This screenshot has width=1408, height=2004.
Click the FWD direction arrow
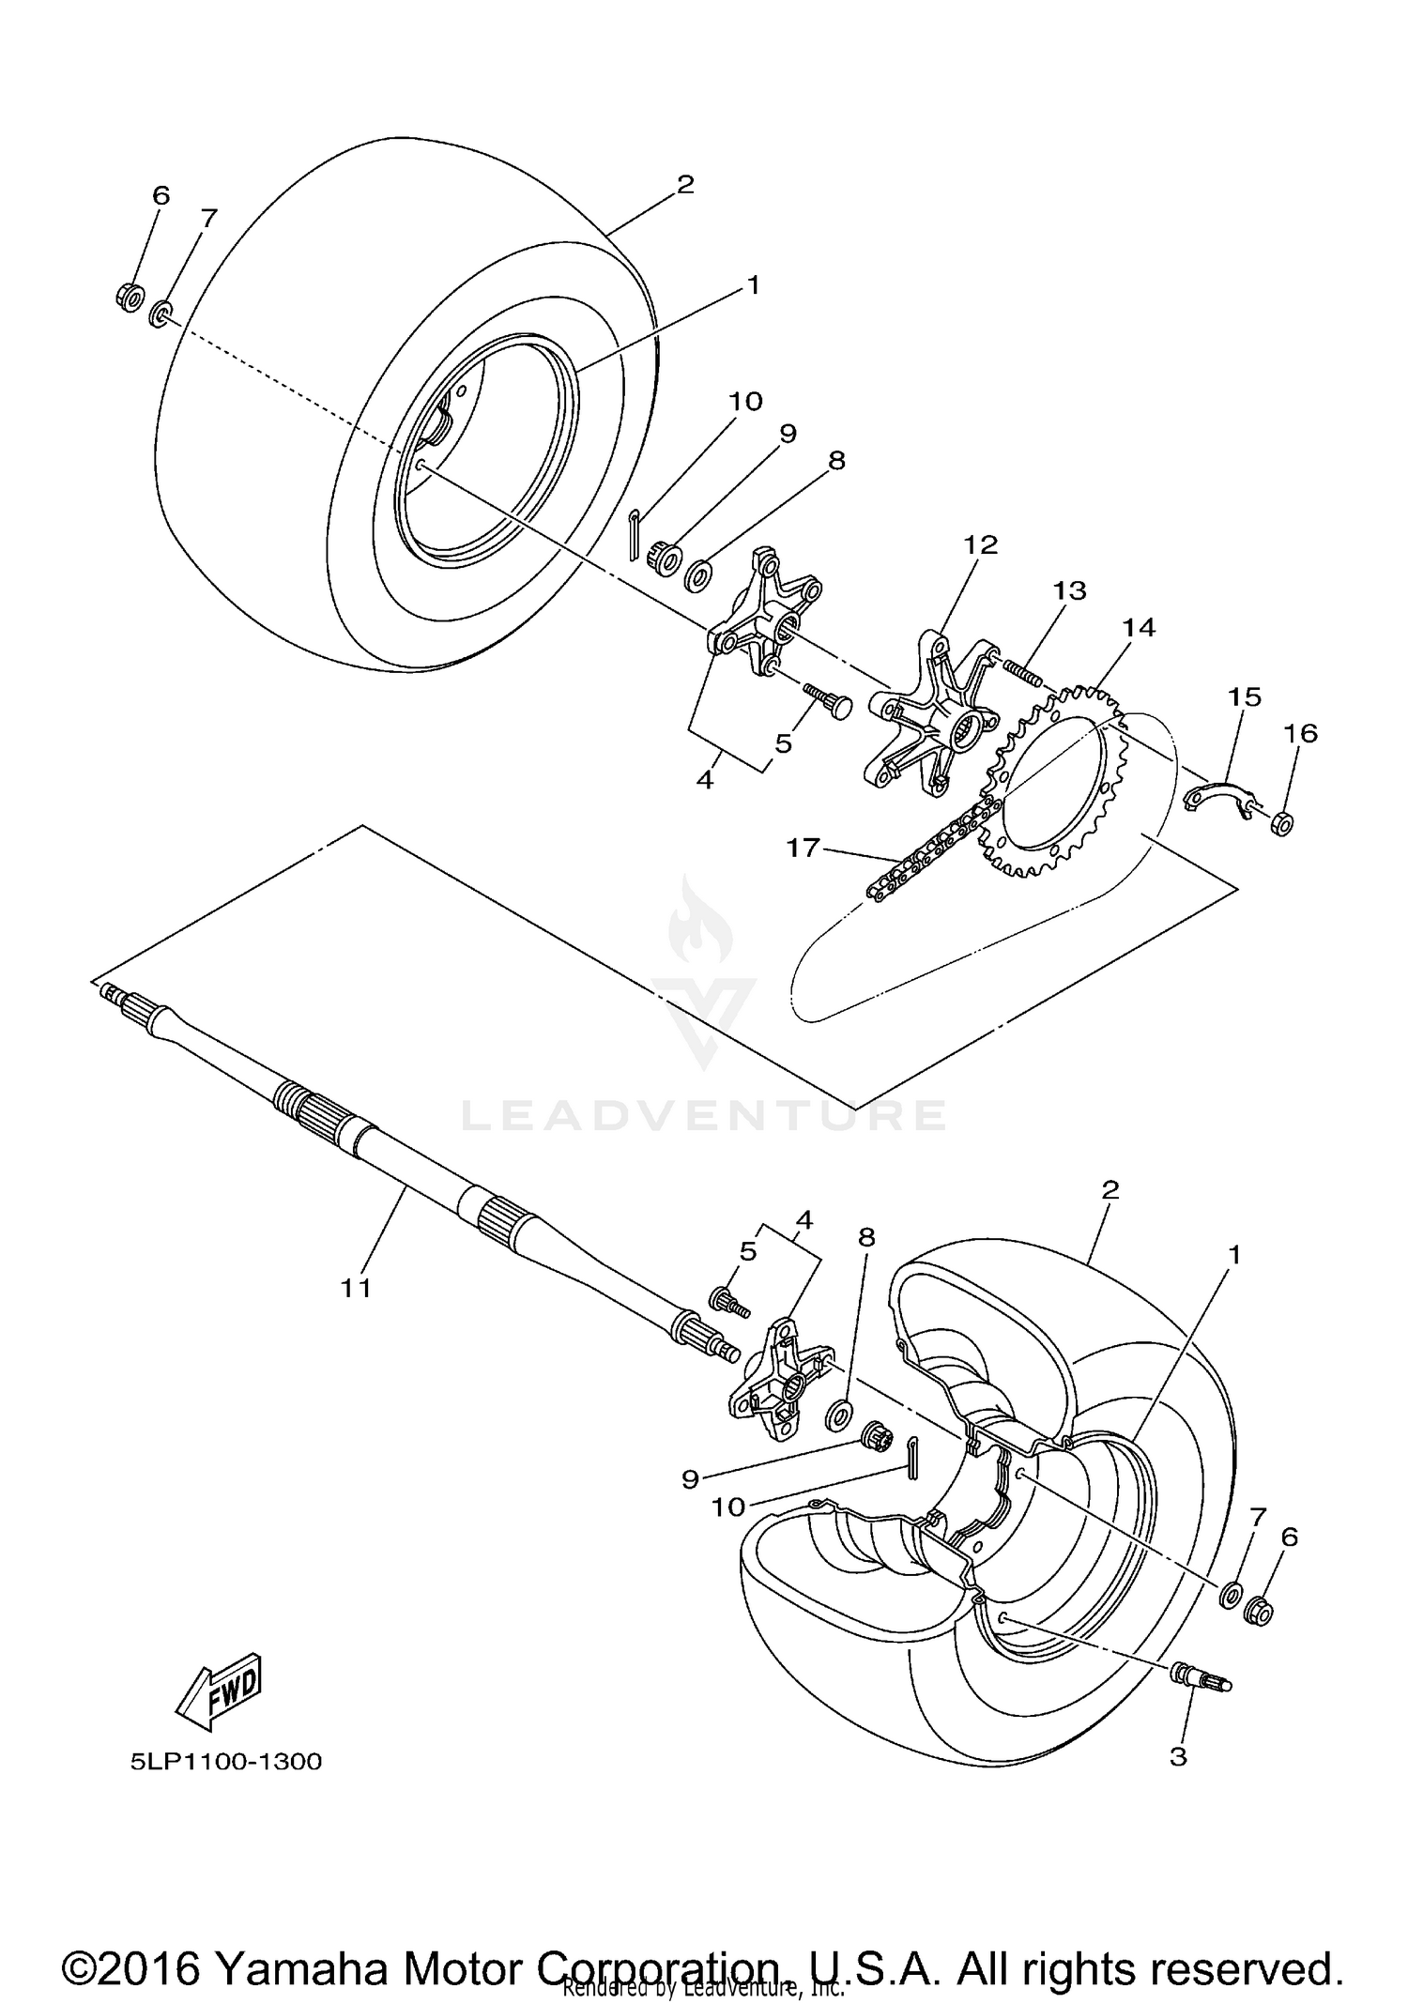tap(218, 1690)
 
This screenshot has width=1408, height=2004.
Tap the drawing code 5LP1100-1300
tap(226, 1761)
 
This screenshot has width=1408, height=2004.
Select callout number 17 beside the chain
tap(803, 849)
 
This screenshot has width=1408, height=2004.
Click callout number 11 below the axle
tap(356, 1288)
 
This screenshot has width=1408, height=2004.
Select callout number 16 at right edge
tap(1301, 733)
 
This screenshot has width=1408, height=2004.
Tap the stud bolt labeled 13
tap(1020, 672)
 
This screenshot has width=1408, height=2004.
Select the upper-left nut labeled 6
tap(130, 297)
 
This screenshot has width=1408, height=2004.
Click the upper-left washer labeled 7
tap(161, 313)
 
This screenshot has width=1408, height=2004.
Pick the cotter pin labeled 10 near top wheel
tap(635, 532)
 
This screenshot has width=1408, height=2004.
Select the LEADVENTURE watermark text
tap(704, 1114)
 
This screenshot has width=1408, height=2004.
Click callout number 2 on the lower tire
tap(1110, 1190)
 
